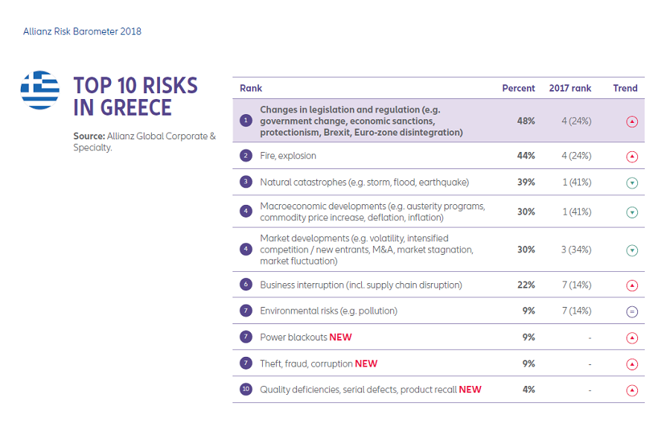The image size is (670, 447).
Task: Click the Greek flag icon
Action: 40,90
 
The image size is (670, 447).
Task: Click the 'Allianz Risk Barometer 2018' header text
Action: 82,31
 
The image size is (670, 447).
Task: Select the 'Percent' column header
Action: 518,88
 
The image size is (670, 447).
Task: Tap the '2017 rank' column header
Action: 569,88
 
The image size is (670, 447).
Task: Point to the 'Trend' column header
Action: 625,88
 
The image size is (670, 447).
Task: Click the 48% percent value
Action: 526,121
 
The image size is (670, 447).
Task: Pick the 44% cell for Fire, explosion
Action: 526,156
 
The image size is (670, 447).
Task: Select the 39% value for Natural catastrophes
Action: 526,183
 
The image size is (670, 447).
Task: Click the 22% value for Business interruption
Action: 526,285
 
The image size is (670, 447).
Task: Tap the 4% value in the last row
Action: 528,390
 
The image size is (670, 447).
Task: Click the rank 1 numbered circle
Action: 246,121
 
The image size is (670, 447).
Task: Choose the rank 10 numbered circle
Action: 246,390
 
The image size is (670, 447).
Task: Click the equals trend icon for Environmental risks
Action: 632,312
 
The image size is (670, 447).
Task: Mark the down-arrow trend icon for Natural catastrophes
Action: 632,183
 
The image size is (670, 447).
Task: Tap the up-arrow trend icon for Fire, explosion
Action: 632,156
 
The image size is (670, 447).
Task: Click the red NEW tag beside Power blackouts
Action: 340,337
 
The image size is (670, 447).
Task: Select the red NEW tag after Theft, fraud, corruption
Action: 366,364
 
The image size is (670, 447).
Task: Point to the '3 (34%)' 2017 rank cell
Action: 575,250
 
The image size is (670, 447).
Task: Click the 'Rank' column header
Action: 251,88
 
